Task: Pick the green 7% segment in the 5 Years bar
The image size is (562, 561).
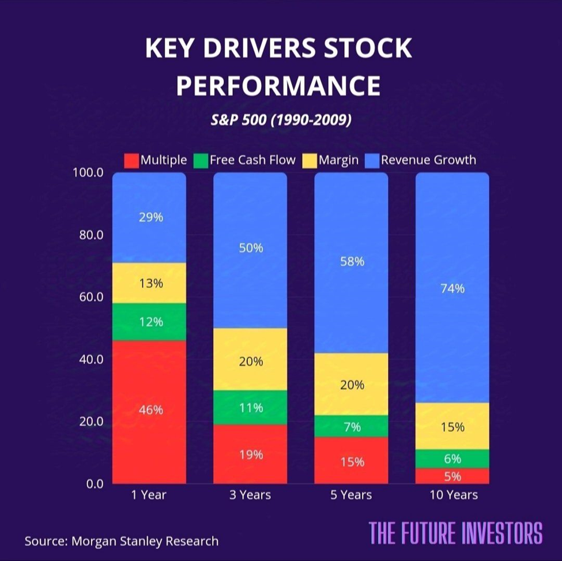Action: point(351,426)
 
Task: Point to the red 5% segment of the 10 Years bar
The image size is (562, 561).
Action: point(452,476)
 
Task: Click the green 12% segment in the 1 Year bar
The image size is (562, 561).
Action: point(149,322)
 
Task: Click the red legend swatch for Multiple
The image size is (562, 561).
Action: point(131,160)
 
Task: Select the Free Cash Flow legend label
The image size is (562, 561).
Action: point(252,160)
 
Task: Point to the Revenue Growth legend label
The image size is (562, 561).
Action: point(428,160)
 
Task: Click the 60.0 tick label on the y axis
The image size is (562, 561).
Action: point(89,297)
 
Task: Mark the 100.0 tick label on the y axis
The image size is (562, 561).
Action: point(87,172)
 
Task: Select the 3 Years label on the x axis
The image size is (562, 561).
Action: point(250,495)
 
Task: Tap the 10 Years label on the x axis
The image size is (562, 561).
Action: point(452,495)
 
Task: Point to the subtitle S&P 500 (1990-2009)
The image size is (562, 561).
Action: point(280,121)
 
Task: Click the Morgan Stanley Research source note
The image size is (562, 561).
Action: point(122,541)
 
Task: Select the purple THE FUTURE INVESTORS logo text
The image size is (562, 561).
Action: point(455,533)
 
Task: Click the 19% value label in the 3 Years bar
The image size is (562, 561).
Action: point(250,454)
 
